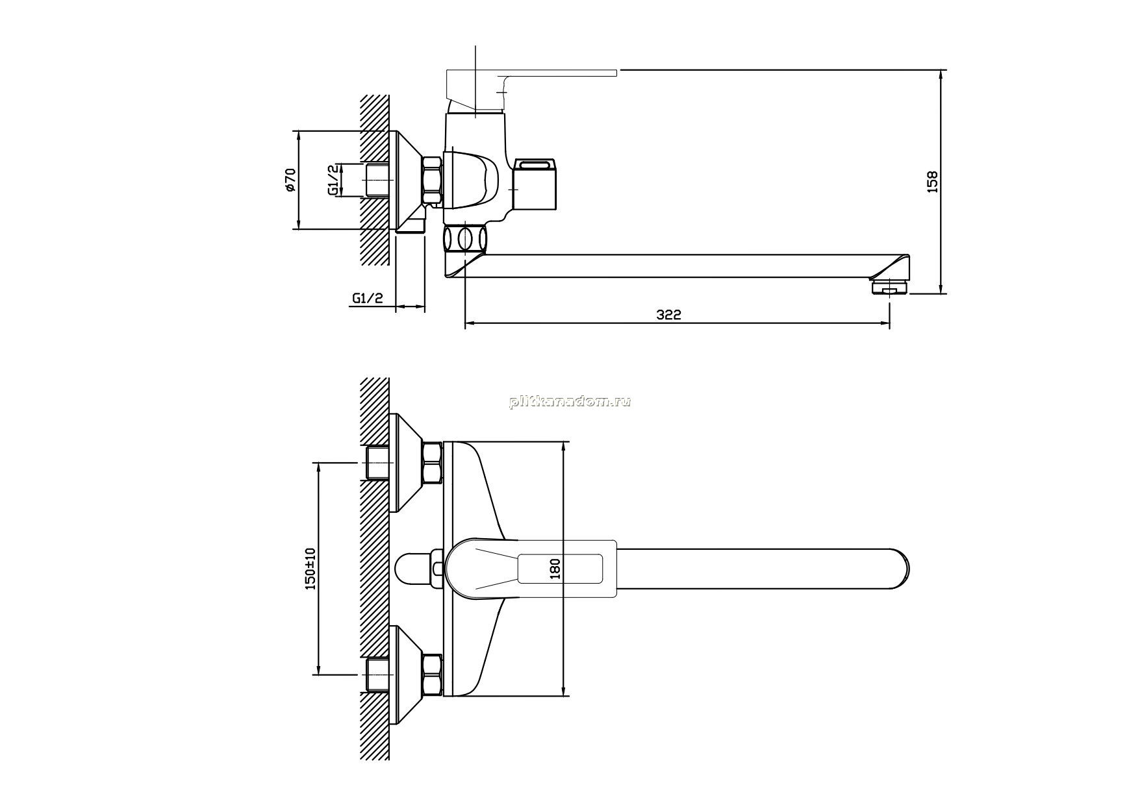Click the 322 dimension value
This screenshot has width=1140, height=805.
668,315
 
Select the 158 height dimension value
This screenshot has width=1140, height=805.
932,182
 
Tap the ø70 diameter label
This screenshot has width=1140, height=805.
290,180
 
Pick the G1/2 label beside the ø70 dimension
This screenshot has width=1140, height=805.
333,180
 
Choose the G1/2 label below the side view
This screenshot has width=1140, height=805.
368,298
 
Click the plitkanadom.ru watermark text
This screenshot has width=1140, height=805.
570,402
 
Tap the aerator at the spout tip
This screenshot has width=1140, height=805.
888,286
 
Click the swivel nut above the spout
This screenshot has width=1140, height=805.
465,238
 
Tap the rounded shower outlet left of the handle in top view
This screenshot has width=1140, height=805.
414,569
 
